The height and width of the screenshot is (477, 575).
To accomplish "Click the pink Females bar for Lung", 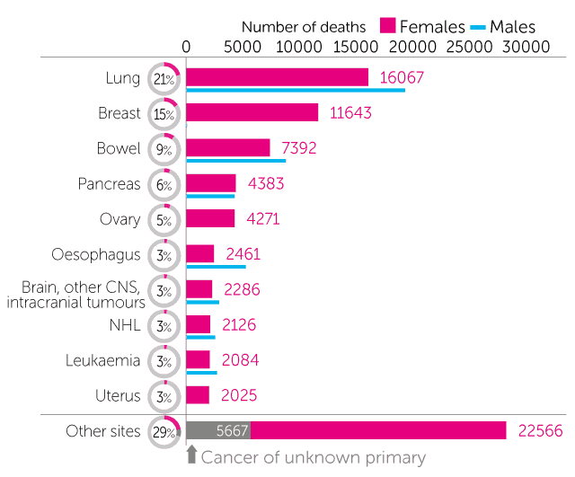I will tap(277, 77).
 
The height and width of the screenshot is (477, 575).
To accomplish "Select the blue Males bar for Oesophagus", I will tap(216, 267).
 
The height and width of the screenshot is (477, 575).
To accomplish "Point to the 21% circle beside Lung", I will tap(164, 79).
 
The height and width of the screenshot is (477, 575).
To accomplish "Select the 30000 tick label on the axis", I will tap(522, 46).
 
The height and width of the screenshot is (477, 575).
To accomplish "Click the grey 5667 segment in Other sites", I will tap(217, 431).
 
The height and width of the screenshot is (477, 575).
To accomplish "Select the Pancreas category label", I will tap(109, 184).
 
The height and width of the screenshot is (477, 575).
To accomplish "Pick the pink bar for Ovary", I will tap(210, 218).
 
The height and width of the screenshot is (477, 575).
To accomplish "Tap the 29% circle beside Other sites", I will tap(164, 432).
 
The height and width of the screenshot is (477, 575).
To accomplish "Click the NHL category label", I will tap(125, 324).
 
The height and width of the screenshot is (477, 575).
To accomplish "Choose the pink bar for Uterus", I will tap(198, 395).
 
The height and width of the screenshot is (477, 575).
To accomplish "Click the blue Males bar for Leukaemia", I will tap(201, 372).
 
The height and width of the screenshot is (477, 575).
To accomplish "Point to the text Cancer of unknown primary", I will tap(313, 457).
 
